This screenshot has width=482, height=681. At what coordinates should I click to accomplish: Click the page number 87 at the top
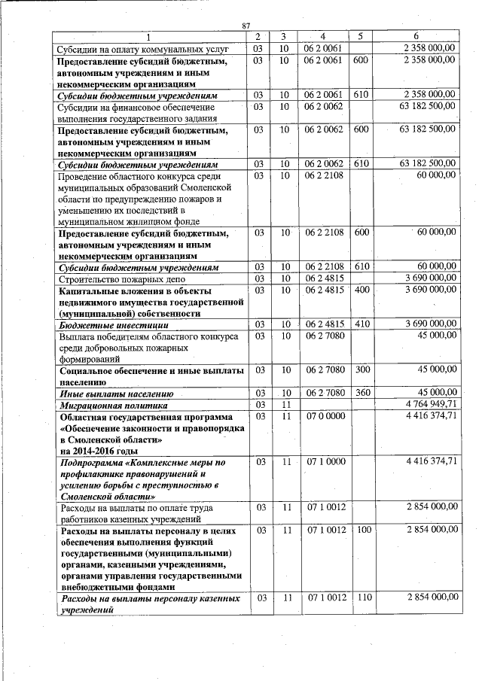[246, 27]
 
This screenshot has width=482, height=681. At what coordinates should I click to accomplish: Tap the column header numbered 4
[323, 37]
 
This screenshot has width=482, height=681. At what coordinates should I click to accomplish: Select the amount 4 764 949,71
[430, 404]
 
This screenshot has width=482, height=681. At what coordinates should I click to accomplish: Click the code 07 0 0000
[325, 415]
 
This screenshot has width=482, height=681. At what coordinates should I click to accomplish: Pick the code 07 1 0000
[325, 461]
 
